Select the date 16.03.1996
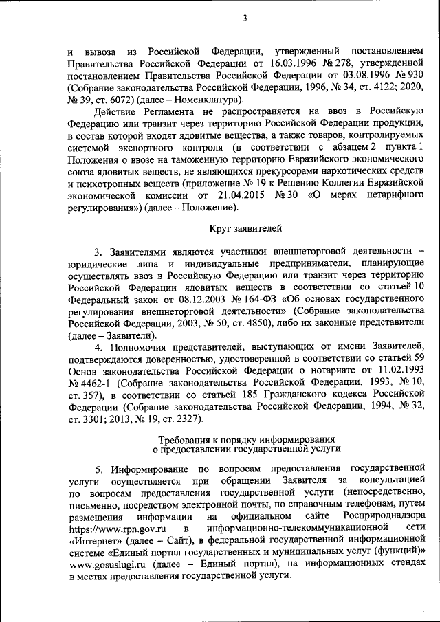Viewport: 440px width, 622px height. [276, 64]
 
